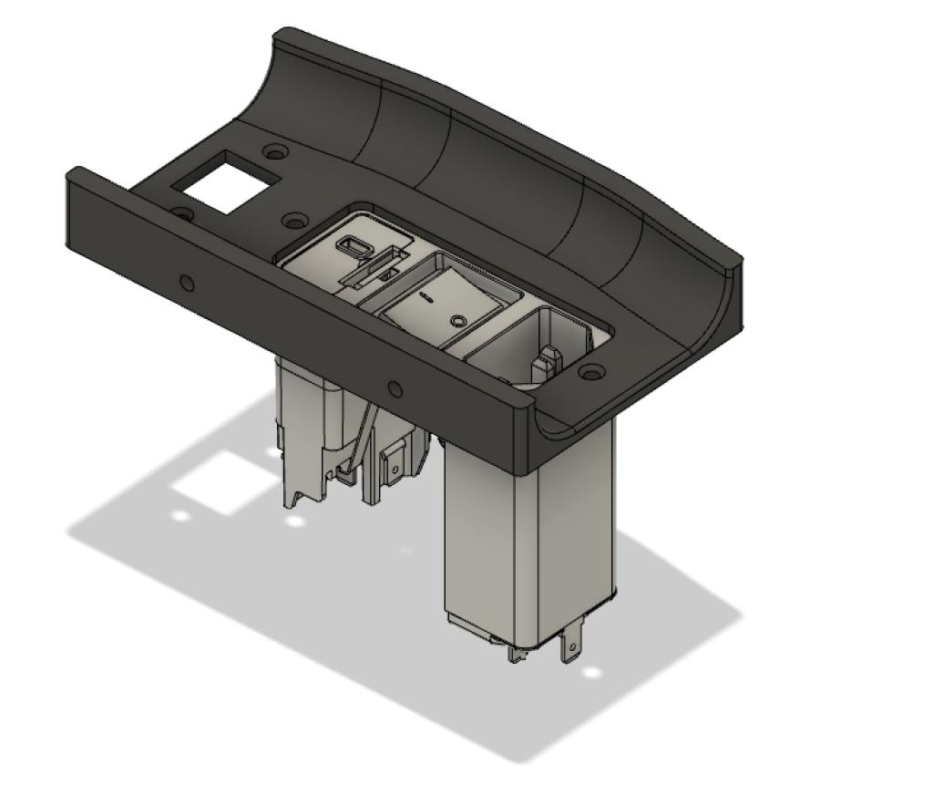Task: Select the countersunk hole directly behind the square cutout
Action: tap(272, 150)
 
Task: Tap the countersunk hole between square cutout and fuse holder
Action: tap(292, 221)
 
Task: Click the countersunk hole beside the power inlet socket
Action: tap(592, 372)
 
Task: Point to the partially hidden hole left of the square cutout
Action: tap(182, 213)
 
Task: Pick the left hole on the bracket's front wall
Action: tap(187, 283)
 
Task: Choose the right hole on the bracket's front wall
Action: tap(395, 389)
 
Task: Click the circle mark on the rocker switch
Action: tap(458, 320)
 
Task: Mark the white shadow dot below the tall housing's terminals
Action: tap(592, 673)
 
